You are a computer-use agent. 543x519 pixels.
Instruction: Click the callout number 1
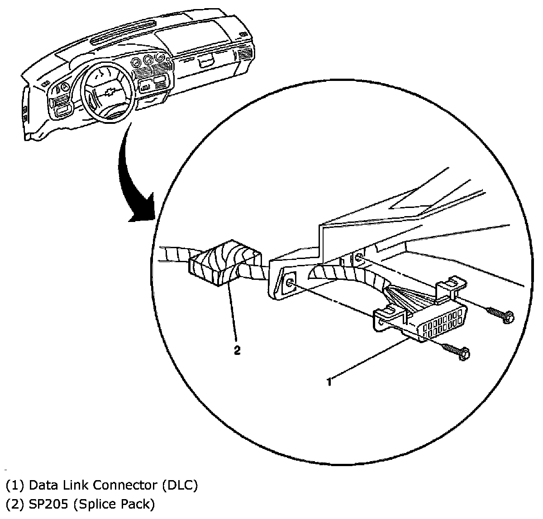329,382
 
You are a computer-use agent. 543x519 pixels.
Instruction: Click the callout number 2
238,351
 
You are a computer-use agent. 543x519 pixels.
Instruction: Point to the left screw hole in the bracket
290,283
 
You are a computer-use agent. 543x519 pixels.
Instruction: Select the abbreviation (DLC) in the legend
180,486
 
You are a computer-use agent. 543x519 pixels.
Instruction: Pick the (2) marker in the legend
14,504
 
